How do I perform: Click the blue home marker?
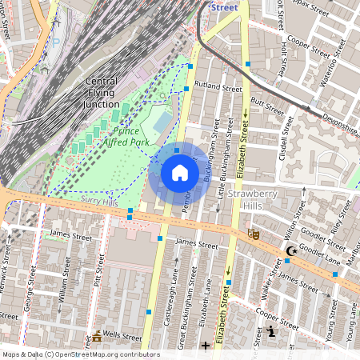[x=179, y=173]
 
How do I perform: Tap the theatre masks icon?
[x=254, y=234]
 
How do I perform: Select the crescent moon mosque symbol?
[x=290, y=252]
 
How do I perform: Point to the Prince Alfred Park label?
[x=121, y=135]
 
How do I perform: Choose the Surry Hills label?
[x=99, y=203]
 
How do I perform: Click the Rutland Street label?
[x=217, y=87]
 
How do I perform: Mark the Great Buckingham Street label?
[x=182, y=308]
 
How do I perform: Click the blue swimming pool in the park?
[x=162, y=122]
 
